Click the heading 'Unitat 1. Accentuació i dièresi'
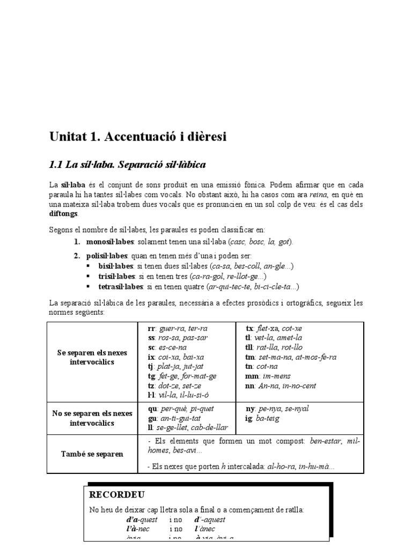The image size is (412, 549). pyautogui.click(x=138, y=137)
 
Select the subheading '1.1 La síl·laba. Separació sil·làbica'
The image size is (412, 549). pyautogui.click(x=127, y=164)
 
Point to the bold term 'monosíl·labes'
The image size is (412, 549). pyautogui.click(x=109, y=242)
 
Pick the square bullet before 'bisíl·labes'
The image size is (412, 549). pyautogui.click(x=89, y=266)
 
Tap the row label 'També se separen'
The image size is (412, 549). pyautogui.click(x=92, y=454)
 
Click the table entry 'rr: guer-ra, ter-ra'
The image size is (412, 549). pyautogui.click(x=177, y=328)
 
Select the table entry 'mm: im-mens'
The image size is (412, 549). pyautogui.click(x=267, y=376)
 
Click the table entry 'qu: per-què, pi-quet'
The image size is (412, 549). pyautogui.click(x=180, y=409)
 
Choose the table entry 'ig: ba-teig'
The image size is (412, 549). pyautogui.click(x=262, y=418)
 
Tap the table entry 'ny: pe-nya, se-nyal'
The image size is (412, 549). pyautogui.click(x=277, y=409)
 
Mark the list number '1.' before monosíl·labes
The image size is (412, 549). pyautogui.click(x=77, y=242)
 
